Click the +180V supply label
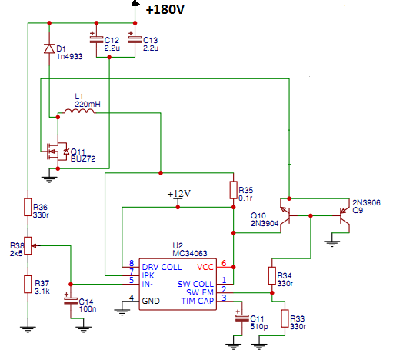point(165,9)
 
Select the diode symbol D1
point(49,48)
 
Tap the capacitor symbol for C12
point(96,39)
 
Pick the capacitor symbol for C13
point(135,39)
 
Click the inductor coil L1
point(79,112)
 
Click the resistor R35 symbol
point(233,190)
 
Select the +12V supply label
point(179,193)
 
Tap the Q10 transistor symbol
point(285,215)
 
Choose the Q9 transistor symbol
point(345,215)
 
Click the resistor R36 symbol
point(28,207)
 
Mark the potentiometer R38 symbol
point(28,246)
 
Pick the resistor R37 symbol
point(28,284)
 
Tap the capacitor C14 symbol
point(71,301)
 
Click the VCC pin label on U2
point(205,267)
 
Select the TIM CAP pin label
point(198,301)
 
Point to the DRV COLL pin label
point(162,267)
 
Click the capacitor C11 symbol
point(241,318)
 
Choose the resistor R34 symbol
point(272,275)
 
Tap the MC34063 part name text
point(190,254)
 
